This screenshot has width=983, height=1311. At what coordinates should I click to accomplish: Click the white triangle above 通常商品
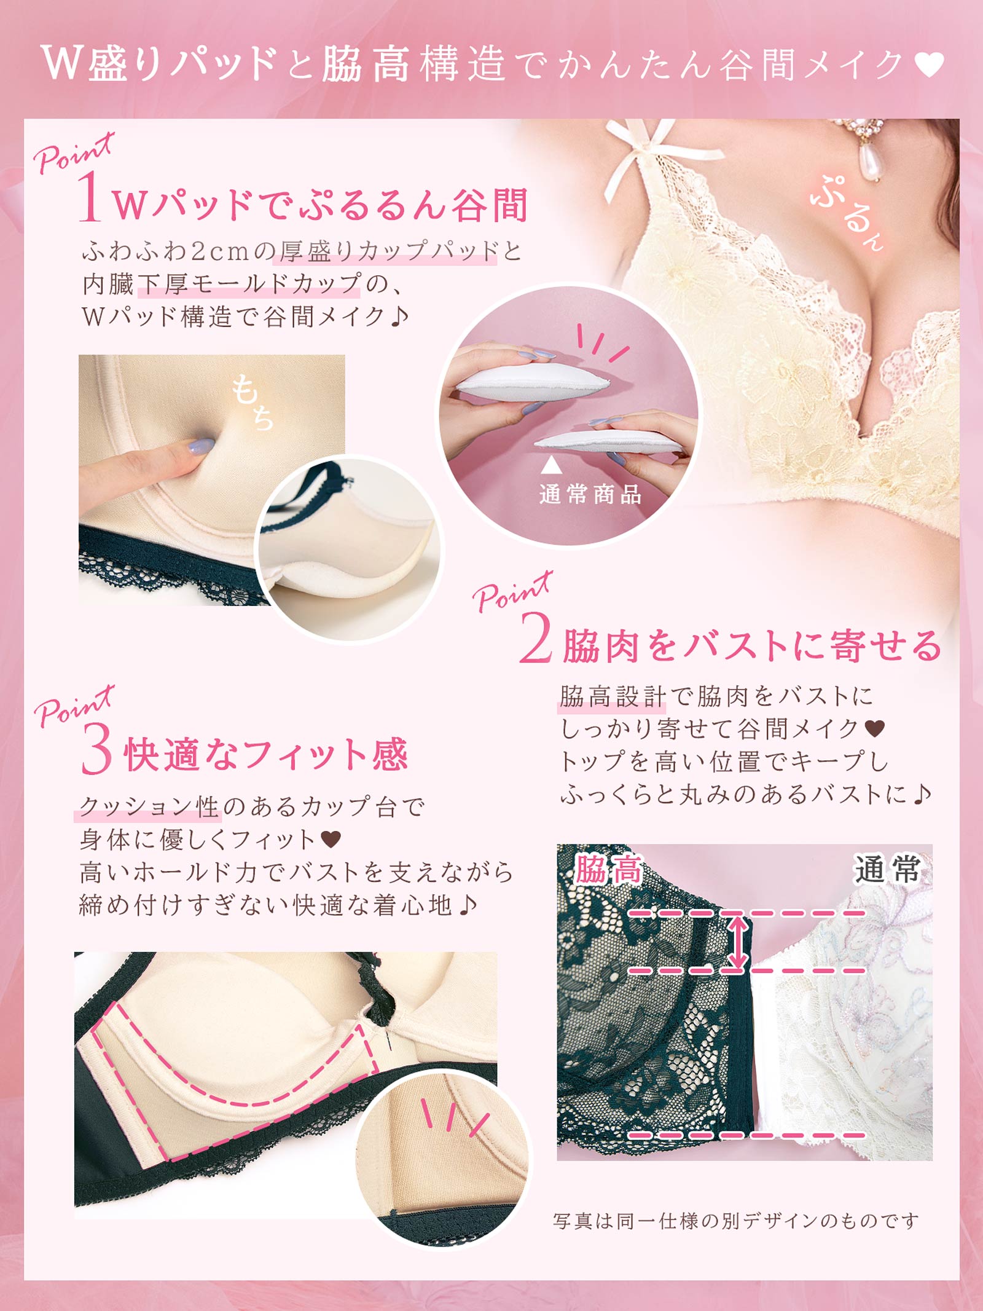551,465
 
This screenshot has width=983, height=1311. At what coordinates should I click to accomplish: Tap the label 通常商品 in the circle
590,494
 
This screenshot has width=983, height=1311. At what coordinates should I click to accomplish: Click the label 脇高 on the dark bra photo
608,870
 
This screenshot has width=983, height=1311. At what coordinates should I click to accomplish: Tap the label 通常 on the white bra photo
886,870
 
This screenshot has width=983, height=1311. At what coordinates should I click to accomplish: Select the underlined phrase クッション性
149,806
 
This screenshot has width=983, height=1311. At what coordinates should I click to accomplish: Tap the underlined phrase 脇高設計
612,696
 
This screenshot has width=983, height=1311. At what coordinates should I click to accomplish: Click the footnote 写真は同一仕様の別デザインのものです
735,1220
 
